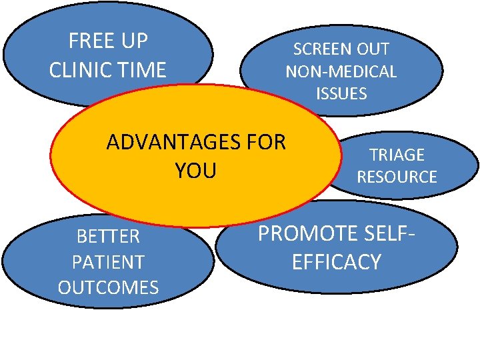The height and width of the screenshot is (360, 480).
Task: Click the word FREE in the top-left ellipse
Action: (90, 41)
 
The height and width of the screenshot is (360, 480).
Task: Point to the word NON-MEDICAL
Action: (341, 71)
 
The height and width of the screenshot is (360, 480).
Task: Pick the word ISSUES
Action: (341, 93)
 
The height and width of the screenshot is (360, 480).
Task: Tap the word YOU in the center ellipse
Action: (196, 171)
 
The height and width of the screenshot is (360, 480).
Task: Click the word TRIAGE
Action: (397, 155)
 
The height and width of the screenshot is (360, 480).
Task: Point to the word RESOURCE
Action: (397, 177)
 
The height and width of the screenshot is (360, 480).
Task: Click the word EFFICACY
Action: (336, 261)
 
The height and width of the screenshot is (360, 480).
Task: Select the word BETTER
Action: (108, 237)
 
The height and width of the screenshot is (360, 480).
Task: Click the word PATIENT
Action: (108, 262)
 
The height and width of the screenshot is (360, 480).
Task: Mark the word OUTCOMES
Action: (108, 287)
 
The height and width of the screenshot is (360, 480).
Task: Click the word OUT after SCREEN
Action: (373, 49)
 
